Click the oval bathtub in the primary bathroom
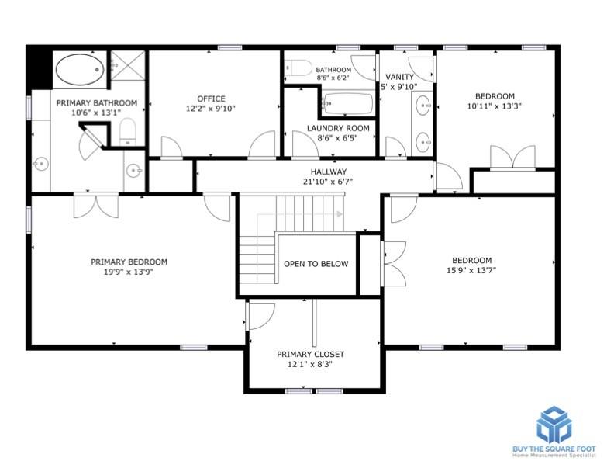tap(80, 70)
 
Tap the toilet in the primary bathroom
tap(127, 132)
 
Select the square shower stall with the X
tap(128, 65)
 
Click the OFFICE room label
tap(211, 99)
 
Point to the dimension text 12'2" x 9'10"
tap(211, 109)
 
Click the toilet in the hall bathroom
tap(298, 68)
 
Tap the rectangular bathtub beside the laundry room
tap(348, 103)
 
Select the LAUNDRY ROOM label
tap(338, 128)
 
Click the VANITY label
tap(399, 77)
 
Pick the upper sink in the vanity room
tap(423, 105)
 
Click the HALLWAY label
tap(329, 172)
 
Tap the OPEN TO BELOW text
tap(316, 264)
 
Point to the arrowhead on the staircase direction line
tap(340, 214)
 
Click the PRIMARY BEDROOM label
tap(129, 262)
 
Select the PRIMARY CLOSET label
tap(311, 354)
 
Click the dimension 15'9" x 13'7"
tap(471, 270)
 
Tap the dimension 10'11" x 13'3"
tap(495, 106)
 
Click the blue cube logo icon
tap(554, 425)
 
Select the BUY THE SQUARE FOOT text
tap(554, 449)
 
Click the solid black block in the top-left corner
tap(40, 68)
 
